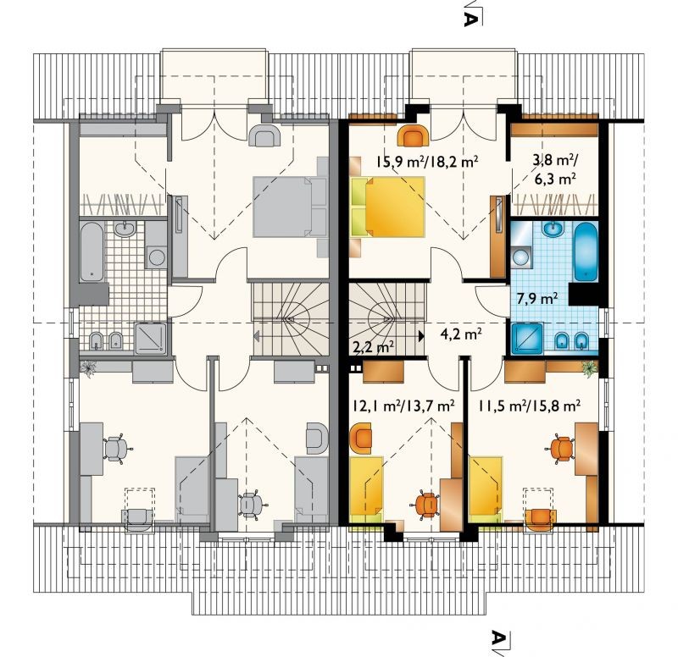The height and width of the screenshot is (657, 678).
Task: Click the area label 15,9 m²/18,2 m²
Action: (x=427, y=163)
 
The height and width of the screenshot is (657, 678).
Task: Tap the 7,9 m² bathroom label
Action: (x=537, y=299)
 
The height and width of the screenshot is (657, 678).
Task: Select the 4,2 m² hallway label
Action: (x=461, y=334)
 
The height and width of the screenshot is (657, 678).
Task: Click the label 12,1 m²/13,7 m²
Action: (x=403, y=406)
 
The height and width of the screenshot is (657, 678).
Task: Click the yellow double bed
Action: (x=388, y=207)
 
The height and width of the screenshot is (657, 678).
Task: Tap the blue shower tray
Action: (x=527, y=337)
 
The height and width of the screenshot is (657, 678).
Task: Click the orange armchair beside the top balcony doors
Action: (x=414, y=135)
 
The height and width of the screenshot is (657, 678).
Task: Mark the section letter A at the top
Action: (x=472, y=17)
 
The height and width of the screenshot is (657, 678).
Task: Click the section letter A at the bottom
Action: (x=500, y=637)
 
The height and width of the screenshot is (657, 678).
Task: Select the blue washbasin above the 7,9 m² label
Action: (x=553, y=229)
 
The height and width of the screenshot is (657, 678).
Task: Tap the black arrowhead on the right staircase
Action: (x=421, y=335)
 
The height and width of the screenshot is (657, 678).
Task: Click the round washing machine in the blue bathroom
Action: (x=522, y=256)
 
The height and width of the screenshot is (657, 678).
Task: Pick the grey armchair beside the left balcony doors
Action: (x=264, y=135)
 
